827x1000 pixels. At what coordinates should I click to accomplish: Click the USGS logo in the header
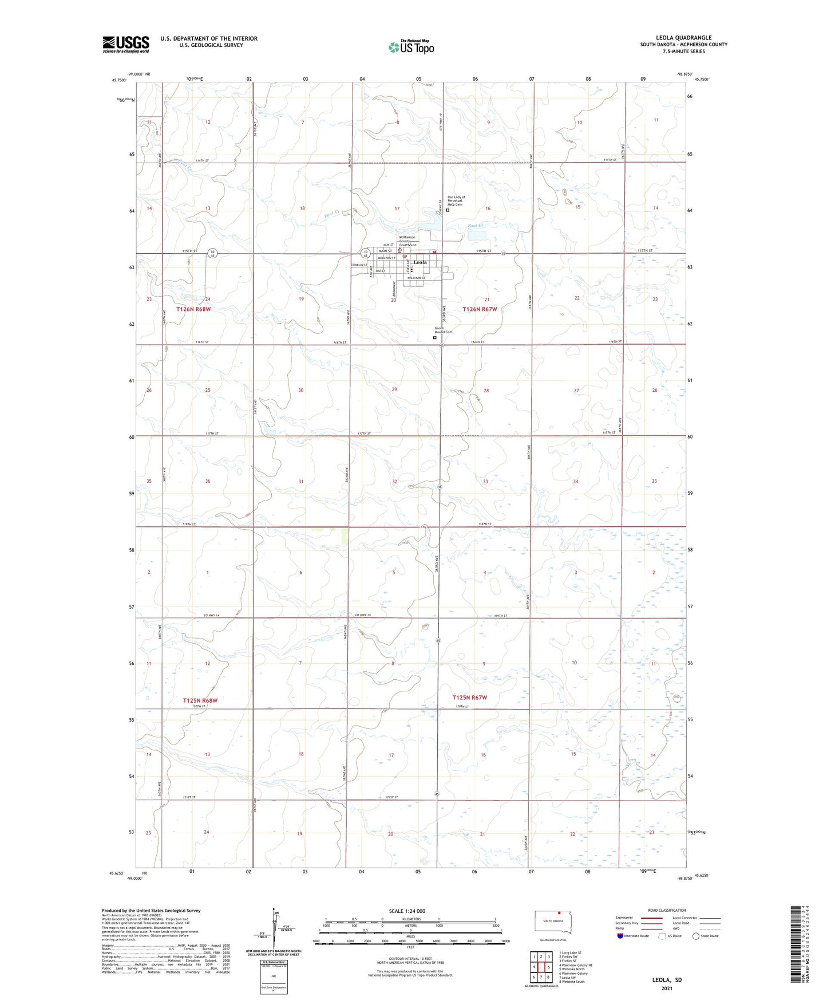(126, 44)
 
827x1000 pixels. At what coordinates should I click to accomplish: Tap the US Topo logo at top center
(410, 47)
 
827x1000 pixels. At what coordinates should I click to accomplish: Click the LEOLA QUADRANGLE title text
(683, 38)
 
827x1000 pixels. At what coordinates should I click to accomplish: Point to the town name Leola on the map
(420, 262)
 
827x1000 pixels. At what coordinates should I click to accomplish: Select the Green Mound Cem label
(443, 330)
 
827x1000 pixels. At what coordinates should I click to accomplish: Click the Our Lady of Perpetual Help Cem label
(456, 200)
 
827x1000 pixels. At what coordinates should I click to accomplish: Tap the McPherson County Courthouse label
(407, 241)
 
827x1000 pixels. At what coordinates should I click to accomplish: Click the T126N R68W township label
(193, 309)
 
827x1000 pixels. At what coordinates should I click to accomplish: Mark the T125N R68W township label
(200, 700)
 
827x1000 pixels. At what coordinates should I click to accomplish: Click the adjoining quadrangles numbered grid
(541, 966)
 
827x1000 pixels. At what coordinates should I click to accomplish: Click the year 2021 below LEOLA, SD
(667, 988)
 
